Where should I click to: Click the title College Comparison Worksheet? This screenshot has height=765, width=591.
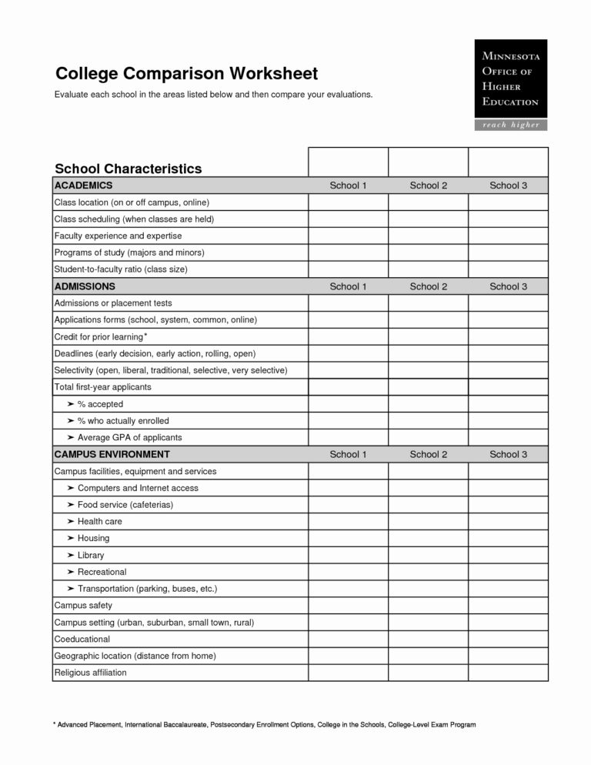(186, 74)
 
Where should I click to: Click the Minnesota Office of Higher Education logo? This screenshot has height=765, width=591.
(510, 79)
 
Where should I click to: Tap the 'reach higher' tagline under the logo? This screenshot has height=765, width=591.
(510, 125)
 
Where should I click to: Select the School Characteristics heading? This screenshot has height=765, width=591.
(128, 169)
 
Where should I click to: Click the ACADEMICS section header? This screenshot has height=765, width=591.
(83, 185)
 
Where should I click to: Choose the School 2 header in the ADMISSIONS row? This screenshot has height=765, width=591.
(428, 286)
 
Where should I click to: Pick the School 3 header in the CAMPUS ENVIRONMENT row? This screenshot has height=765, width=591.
(508, 454)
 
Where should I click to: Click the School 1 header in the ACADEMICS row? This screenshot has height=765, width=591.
(348, 185)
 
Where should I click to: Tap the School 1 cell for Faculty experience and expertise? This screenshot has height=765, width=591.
(348, 236)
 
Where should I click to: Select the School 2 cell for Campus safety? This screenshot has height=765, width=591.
(428, 606)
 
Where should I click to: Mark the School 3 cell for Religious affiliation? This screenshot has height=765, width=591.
(508, 673)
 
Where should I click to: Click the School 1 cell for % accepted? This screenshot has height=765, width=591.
(348, 404)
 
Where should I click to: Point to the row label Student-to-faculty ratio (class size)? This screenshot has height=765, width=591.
(121, 269)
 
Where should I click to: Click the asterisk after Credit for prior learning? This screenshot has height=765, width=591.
(146, 336)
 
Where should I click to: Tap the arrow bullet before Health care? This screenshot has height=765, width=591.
(71, 522)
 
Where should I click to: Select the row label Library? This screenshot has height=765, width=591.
(91, 555)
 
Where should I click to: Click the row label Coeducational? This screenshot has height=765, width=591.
(82, 639)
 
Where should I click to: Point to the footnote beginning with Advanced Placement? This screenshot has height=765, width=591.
(265, 725)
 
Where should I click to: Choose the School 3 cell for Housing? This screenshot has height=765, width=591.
(508, 538)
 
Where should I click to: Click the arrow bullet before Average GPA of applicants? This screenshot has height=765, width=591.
(71, 438)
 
